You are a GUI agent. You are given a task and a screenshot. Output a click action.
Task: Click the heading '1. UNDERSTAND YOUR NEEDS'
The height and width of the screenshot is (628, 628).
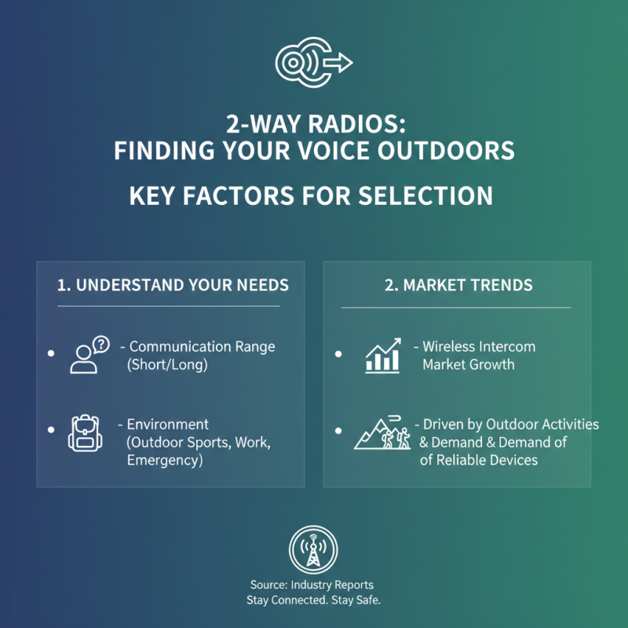(173, 284)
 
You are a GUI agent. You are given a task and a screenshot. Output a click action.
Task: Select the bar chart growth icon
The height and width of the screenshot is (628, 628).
(383, 355)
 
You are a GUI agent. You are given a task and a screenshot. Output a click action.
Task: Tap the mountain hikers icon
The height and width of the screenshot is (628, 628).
(383, 433)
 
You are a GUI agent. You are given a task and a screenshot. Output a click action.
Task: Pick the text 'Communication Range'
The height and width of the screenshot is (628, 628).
(202, 346)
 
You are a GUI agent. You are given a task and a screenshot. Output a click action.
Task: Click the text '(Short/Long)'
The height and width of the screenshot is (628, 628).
(167, 365)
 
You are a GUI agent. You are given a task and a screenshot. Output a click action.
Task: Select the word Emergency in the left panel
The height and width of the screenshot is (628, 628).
(164, 461)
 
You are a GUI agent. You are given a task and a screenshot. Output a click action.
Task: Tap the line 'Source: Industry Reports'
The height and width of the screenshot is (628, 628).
(313, 585)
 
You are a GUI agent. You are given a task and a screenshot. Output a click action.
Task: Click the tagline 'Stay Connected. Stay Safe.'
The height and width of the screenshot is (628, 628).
(313, 601)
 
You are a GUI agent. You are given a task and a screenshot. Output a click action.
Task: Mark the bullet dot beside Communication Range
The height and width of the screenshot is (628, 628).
(51, 354)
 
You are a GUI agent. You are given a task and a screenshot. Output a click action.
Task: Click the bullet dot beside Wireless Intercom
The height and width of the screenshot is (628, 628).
(338, 354)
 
